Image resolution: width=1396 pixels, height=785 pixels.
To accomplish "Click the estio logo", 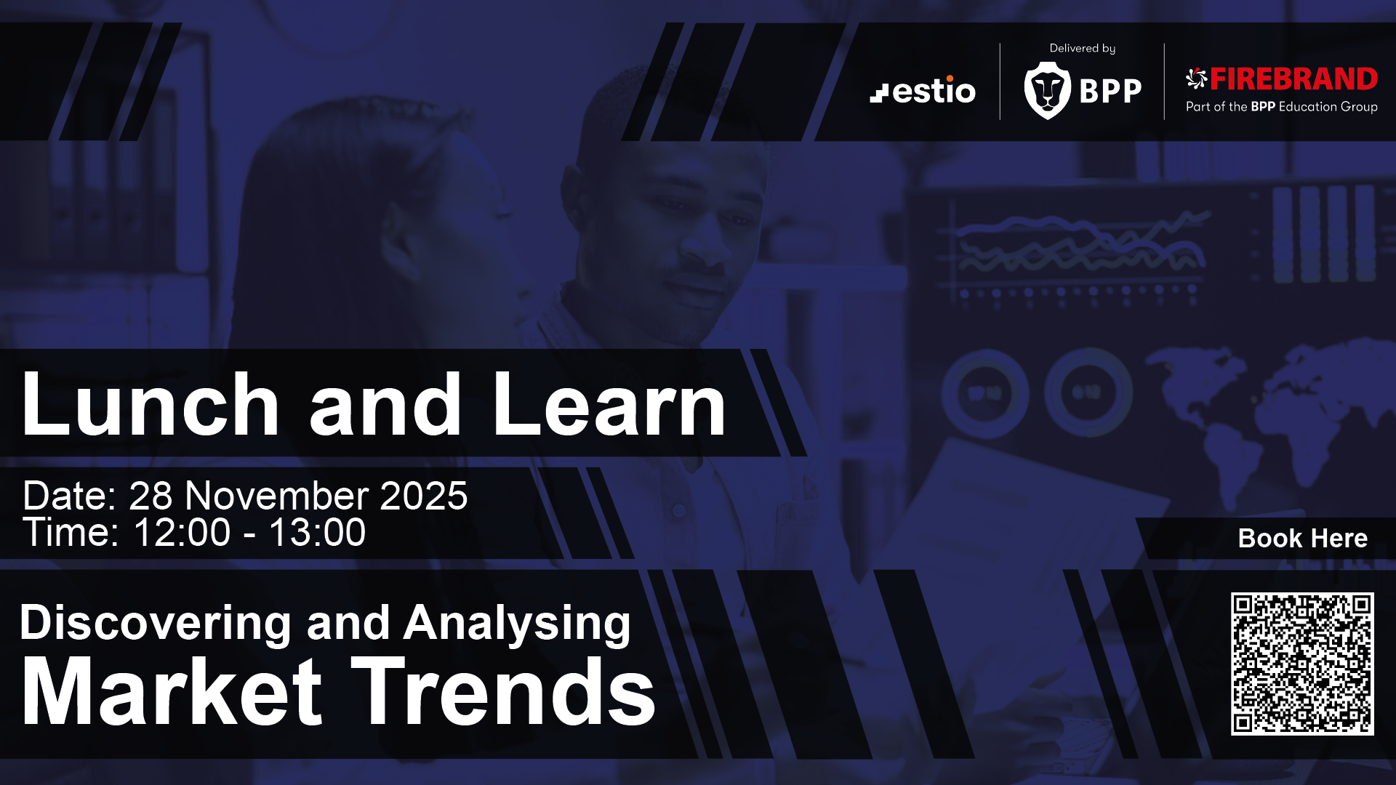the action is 923,90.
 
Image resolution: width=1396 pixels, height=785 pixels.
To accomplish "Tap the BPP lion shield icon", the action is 1047,90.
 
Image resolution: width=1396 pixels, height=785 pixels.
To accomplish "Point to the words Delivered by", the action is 1082,49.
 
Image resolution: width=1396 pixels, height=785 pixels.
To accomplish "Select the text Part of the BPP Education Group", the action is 1282,107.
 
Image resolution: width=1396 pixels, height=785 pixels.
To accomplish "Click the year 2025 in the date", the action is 424,496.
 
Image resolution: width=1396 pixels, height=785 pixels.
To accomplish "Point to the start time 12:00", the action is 182,533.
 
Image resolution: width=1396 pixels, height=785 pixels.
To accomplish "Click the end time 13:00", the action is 318,533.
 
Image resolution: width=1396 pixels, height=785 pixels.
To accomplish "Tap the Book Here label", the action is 1303,539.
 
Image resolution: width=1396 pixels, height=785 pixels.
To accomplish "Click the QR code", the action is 1302,664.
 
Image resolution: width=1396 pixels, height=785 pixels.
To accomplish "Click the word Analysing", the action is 517,624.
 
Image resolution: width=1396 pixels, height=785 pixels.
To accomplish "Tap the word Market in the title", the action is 172,691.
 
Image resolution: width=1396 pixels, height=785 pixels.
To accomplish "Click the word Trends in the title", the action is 504,691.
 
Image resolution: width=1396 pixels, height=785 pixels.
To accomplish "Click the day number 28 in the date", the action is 151,496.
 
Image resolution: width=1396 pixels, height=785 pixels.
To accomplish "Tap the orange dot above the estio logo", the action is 950,78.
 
